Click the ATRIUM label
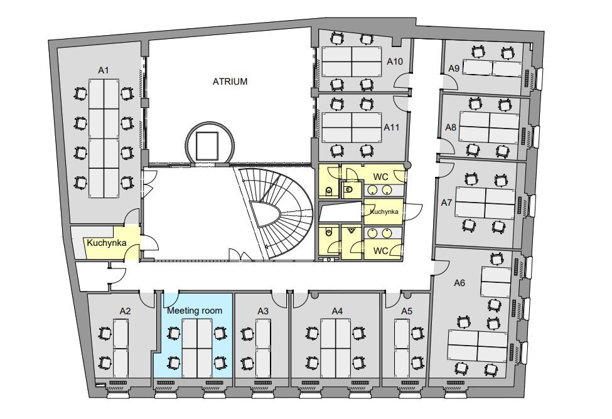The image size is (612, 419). [x=230, y=82]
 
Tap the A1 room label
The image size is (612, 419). [x=104, y=70]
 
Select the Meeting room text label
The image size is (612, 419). [x=195, y=310]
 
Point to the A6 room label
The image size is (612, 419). [x=459, y=283]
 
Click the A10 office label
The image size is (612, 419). [x=395, y=61]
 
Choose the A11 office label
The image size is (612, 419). [x=392, y=127]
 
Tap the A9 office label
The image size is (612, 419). [x=454, y=68]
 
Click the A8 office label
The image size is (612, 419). [x=451, y=127]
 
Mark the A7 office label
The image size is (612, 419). [x=446, y=203]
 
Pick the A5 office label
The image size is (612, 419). [x=407, y=311]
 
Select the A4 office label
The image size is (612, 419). [x=337, y=311]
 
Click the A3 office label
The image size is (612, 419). [x=263, y=311]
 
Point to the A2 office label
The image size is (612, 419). [x=125, y=311]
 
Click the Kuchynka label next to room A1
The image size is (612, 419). [x=107, y=243]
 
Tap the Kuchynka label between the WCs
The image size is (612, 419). [x=384, y=211]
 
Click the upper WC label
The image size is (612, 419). [x=380, y=177]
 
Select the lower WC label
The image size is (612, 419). [x=380, y=250]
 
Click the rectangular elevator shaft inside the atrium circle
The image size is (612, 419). [x=207, y=146]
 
